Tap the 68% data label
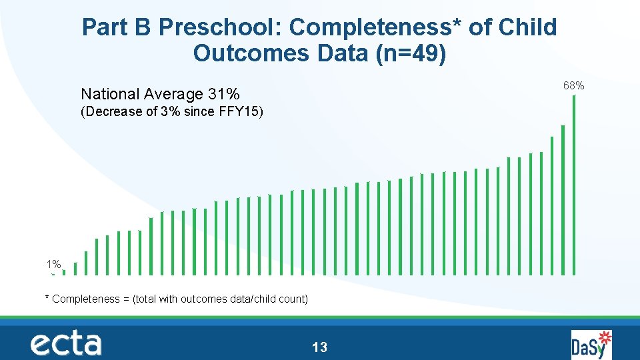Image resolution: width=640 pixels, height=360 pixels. (573, 85)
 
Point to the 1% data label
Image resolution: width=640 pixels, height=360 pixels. (53, 264)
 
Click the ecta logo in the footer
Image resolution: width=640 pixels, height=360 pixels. (65, 344)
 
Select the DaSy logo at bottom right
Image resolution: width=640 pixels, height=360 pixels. (591, 345)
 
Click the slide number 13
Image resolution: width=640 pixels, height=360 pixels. (319, 347)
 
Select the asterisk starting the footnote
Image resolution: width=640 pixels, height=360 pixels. (47, 298)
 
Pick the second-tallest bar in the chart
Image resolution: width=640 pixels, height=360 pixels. (563, 199)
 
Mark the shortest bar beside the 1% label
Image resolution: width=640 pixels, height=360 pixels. (53, 274)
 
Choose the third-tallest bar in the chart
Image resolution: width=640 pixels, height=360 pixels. (552, 205)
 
